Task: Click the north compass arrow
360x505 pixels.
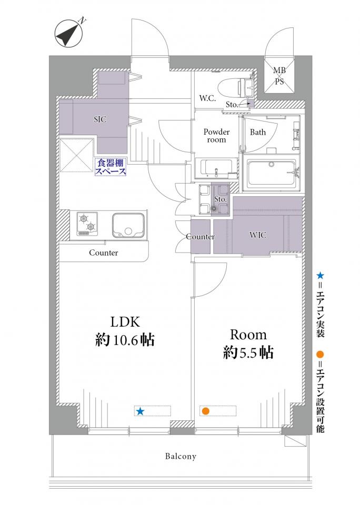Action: pyautogui.click(x=68, y=33)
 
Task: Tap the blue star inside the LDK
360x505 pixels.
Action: pyautogui.click(x=140, y=411)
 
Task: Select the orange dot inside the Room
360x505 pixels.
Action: pyautogui.click(x=205, y=411)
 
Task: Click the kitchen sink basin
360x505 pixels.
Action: pyautogui.click(x=127, y=224)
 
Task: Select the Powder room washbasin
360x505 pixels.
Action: pyautogui.click(x=216, y=168)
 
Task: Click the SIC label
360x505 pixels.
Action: pyautogui.click(x=100, y=119)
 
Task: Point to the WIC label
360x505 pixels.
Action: pyautogui.click(x=258, y=235)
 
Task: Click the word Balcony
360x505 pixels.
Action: pyautogui.click(x=181, y=457)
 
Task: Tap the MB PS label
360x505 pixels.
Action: pyautogui.click(x=279, y=76)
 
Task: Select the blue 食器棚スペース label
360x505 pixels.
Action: pyautogui.click(x=110, y=167)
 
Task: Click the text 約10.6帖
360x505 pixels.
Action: pyautogui.click(x=125, y=340)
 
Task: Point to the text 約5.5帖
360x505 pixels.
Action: pyautogui.click(x=248, y=352)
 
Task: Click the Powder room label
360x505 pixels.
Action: pyautogui.click(x=216, y=136)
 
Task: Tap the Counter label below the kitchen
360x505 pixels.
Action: pyautogui.click(x=104, y=253)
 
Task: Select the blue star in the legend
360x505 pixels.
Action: pyautogui.click(x=320, y=275)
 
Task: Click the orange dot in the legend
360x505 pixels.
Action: pyautogui.click(x=320, y=355)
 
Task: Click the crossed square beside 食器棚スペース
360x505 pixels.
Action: pyautogui.click(x=76, y=155)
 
